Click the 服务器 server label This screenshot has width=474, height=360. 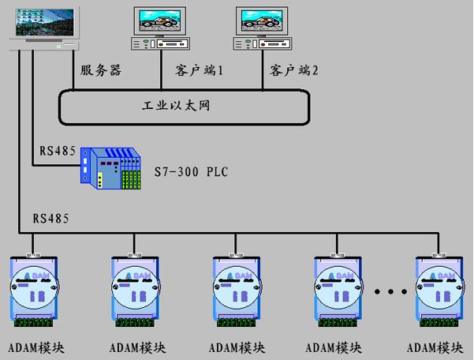tap(101, 70)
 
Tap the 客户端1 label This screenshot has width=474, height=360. tap(199, 70)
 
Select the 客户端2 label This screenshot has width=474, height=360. tap(294, 70)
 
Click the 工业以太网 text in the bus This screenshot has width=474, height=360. tap(176, 106)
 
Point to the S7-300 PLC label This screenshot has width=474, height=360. tap(191, 171)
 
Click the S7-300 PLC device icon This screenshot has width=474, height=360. tap(110, 168)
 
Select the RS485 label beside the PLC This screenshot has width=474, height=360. tap(58, 150)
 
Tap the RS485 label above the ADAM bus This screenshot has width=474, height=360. tap(50, 218)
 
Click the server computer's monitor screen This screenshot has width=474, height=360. tap(45, 22)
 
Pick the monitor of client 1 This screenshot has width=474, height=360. tap(160, 21)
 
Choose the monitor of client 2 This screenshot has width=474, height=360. tap(262, 21)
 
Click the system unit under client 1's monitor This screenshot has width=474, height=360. tap(160, 43)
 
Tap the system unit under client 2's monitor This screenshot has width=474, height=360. tap(263, 43)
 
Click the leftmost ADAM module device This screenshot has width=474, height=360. tap(34, 290)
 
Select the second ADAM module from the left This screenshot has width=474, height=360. tap(135, 290)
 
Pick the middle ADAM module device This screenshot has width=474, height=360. tap(237, 290)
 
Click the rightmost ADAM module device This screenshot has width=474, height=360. tap(439, 290)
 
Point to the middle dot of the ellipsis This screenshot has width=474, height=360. tap(390, 291)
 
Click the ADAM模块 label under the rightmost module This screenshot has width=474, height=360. tap(435, 348)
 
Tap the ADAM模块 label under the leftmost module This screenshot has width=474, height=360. tap(36, 348)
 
